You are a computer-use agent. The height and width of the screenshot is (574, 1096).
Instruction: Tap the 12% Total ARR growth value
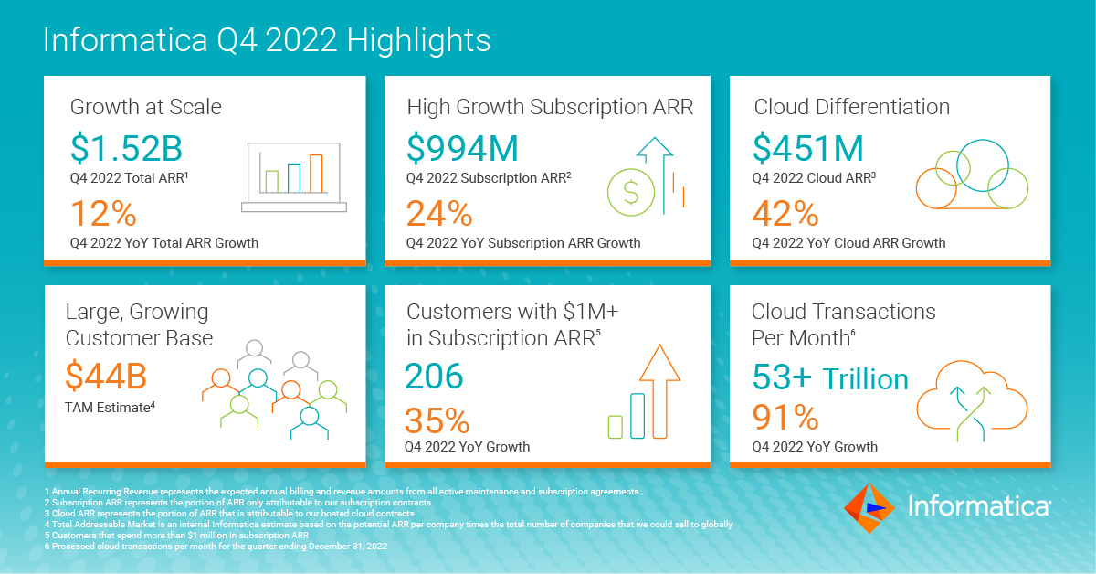pyautogui.click(x=103, y=214)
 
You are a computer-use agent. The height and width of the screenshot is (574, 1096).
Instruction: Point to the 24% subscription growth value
pyautogui.click(x=439, y=214)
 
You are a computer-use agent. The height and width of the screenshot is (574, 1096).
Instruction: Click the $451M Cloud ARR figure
pyautogui.click(x=808, y=148)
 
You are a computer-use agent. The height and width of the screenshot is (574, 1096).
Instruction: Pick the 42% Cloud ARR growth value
pyautogui.click(x=785, y=214)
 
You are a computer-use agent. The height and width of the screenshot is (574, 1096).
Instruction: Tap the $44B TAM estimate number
pyautogui.click(x=106, y=377)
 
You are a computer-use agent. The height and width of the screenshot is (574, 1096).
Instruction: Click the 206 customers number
pyautogui.click(x=435, y=377)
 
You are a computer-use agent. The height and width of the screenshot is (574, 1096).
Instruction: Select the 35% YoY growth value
pyautogui.click(x=437, y=420)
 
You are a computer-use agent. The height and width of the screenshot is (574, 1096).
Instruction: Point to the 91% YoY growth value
pyautogui.click(x=785, y=418)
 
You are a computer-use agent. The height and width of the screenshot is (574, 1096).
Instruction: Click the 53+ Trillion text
pyautogui.click(x=830, y=378)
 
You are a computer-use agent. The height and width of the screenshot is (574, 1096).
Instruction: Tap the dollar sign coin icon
pyautogui.click(x=630, y=191)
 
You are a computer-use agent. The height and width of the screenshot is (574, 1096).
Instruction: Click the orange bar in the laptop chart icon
pyautogui.click(x=316, y=173)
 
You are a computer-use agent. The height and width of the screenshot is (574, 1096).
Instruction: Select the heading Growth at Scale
pyautogui.click(x=146, y=107)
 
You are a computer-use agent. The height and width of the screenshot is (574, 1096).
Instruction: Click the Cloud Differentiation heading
pyautogui.click(x=851, y=107)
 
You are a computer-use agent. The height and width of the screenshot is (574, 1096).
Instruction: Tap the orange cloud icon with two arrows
pyautogui.click(x=971, y=401)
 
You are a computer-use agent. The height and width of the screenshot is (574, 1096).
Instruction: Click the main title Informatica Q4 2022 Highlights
pyautogui.click(x=267, y=41)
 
